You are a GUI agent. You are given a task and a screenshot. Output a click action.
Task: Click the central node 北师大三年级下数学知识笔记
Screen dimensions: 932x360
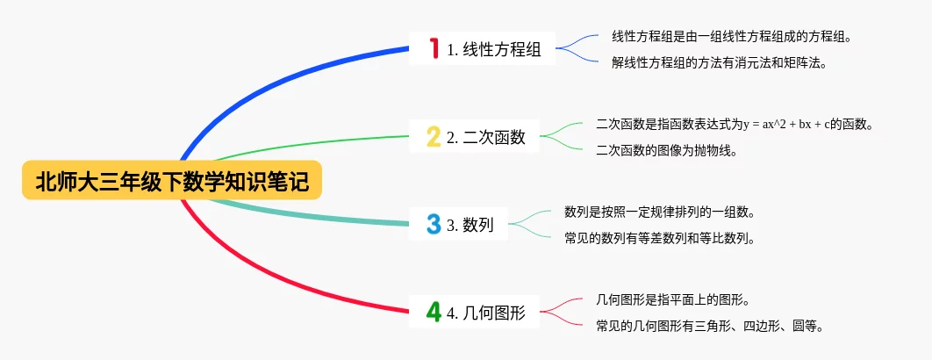pos(172,181)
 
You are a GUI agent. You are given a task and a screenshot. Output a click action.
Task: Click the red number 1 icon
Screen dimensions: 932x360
pos(434,49)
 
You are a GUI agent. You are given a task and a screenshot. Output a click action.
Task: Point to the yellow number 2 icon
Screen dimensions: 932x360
pos(434,136)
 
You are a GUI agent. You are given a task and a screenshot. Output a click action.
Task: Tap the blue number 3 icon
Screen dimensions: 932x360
pos(434,224)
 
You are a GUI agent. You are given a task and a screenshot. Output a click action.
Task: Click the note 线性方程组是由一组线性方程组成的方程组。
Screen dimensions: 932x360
pos(730,38)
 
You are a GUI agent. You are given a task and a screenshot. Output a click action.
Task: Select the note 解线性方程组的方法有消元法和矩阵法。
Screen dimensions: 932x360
pos(718,62)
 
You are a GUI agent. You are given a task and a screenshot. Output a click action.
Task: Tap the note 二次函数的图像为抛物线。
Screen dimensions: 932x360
pos(665,149)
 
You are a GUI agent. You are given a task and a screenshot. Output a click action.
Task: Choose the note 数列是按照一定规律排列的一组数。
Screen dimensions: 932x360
pos(659,212)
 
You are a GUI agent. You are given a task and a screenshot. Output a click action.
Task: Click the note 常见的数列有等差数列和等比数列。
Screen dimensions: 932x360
pos(659,237)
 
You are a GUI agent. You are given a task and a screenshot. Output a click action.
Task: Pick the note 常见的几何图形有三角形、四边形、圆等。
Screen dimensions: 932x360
pos(708,325)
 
